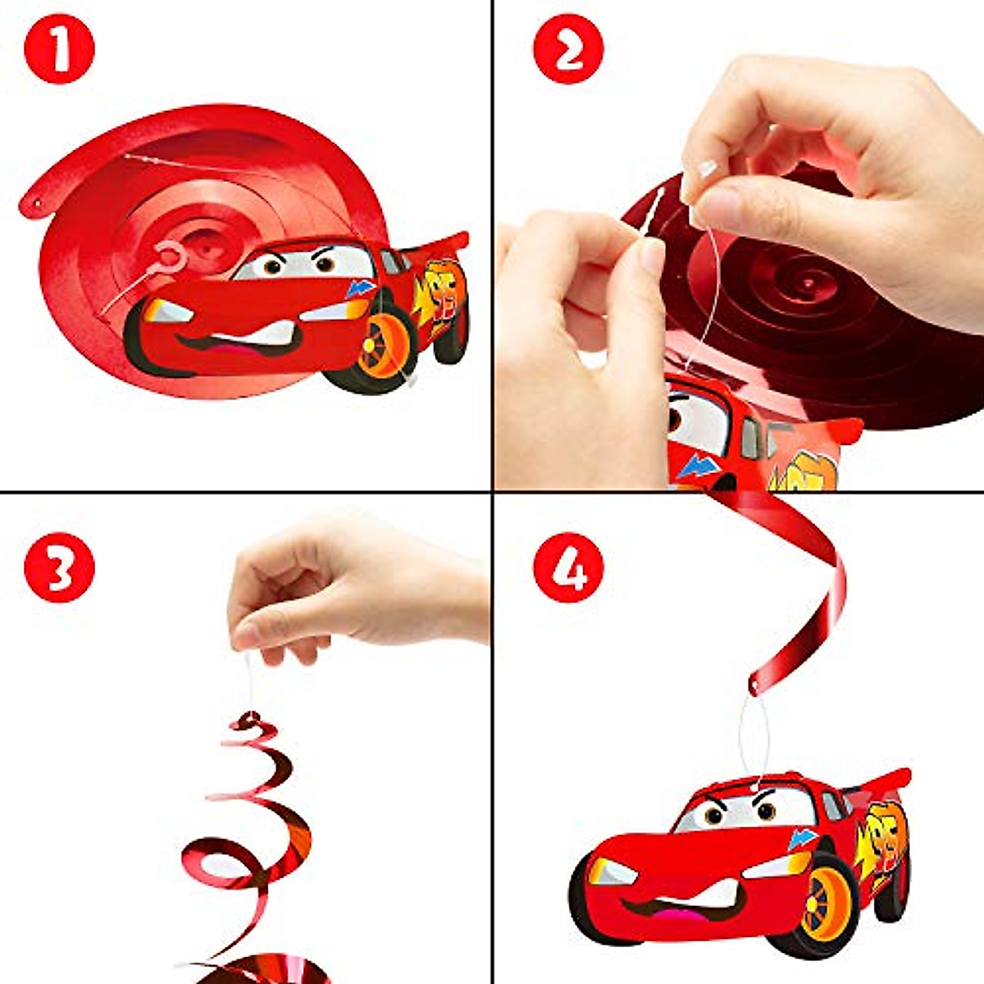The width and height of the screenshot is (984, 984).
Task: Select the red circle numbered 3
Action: point(59,567)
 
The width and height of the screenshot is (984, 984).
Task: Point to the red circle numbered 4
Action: point(567,567)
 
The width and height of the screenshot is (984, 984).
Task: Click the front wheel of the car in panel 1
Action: point(380,348)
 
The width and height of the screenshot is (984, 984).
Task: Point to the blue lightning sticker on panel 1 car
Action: point(360,289)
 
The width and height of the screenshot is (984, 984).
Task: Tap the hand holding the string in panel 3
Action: point(344,590)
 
